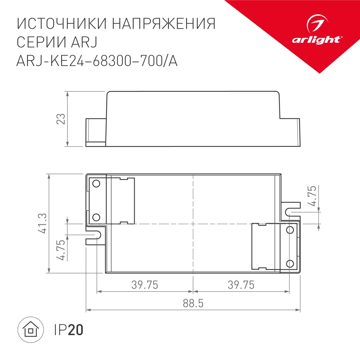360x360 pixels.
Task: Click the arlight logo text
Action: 316,40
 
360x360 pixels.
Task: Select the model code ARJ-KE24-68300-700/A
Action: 97,62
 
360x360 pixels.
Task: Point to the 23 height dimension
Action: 62,119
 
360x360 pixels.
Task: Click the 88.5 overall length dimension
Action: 193,303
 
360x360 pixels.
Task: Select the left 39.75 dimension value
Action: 145,285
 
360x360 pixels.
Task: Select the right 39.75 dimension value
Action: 241,285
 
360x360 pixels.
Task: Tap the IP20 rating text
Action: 68,329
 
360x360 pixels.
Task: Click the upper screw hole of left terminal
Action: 96,184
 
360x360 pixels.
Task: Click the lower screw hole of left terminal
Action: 96,217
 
